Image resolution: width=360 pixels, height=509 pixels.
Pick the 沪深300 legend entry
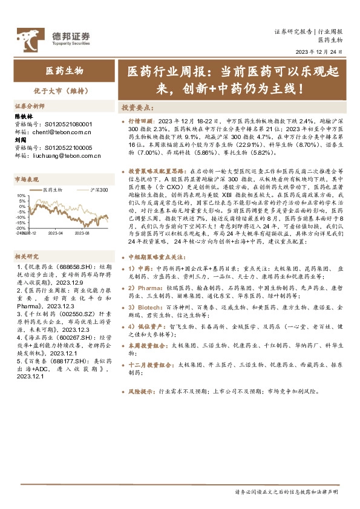87,190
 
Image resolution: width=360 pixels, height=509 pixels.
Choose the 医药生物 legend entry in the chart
54,190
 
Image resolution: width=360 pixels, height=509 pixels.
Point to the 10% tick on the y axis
21,196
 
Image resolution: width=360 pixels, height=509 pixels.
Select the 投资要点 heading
136,107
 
